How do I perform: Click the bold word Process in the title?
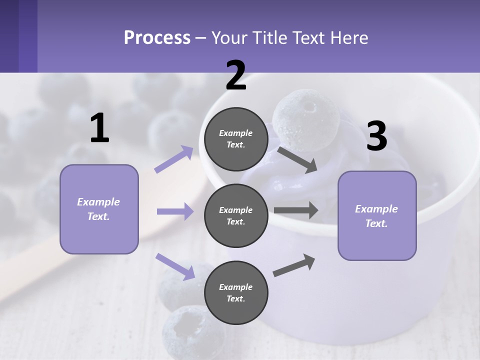[157, 37]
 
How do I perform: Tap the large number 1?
[99, 128]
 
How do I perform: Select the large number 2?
[236, 75]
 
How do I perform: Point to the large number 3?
[376, 136]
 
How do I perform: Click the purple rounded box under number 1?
[99, 209]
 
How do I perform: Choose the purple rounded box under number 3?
[377, 215]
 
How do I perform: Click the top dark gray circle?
[236, 139]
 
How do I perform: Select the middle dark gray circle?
[236, 215]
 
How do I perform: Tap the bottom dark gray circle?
[236, 292]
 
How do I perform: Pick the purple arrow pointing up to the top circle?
[174, 159]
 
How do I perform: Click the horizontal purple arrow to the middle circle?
[175, 211]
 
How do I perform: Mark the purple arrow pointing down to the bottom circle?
[175, 266]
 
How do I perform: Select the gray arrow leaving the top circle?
[297, 159]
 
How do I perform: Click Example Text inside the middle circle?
[236, 215]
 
